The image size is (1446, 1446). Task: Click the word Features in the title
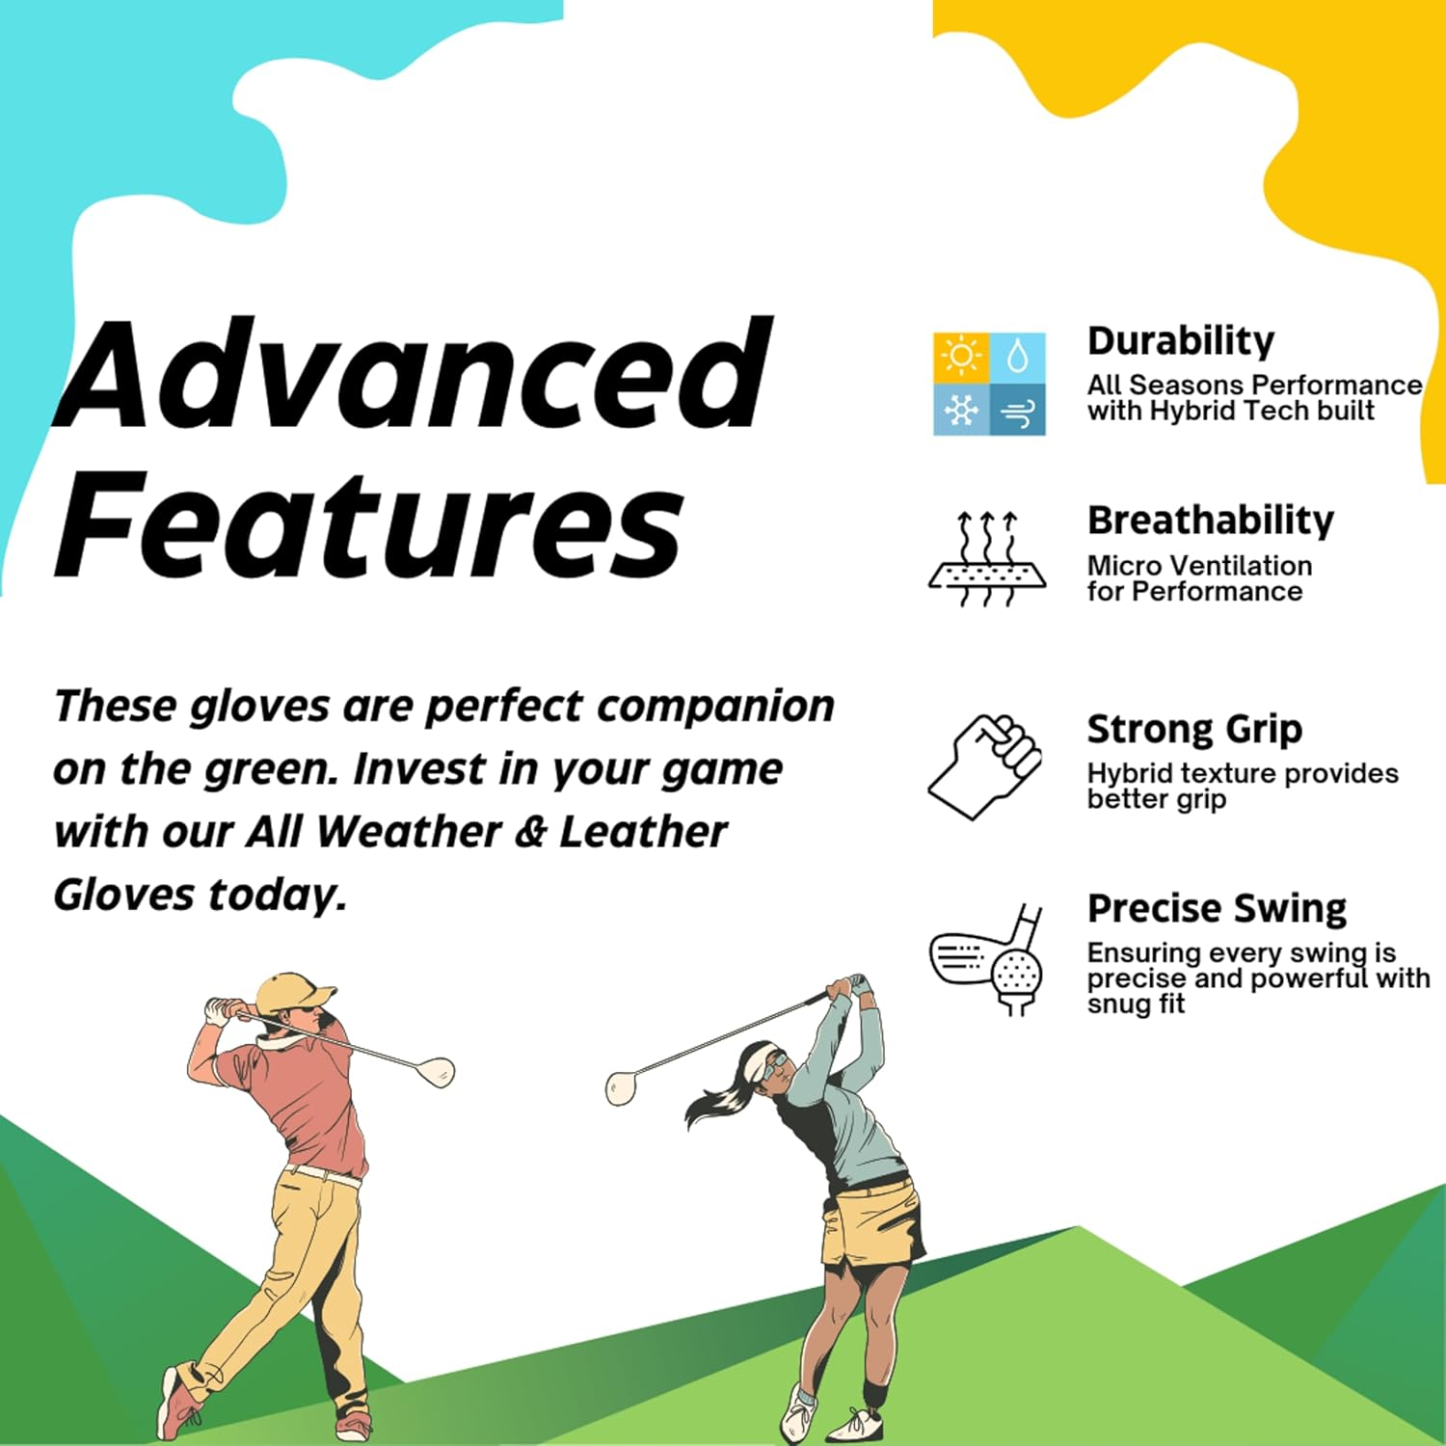click(x=369, y=525)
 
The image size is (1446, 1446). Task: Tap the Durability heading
click(x=1181, y=341)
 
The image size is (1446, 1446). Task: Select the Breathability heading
click(x=1211, y=521)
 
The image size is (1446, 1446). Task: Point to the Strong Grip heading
click(x=1194, y=730)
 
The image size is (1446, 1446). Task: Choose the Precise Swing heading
click(x=1217, y=908)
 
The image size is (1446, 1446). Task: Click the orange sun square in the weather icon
click(x=961, y=357)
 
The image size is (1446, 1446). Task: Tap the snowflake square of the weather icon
click(x=961, y=411)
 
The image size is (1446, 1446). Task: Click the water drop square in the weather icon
click(x=1018, y=357)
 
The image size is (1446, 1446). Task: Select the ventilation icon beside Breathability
click(x=987, y=559)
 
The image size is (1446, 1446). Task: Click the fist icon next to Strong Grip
click(x=985, y=766)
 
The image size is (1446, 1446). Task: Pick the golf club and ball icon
click(x=987, y=960)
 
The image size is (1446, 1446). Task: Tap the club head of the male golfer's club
click(x=439, y=1071)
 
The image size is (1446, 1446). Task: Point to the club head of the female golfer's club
click(x=621, y=1087)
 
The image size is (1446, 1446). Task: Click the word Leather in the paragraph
click(x=643, y=832)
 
